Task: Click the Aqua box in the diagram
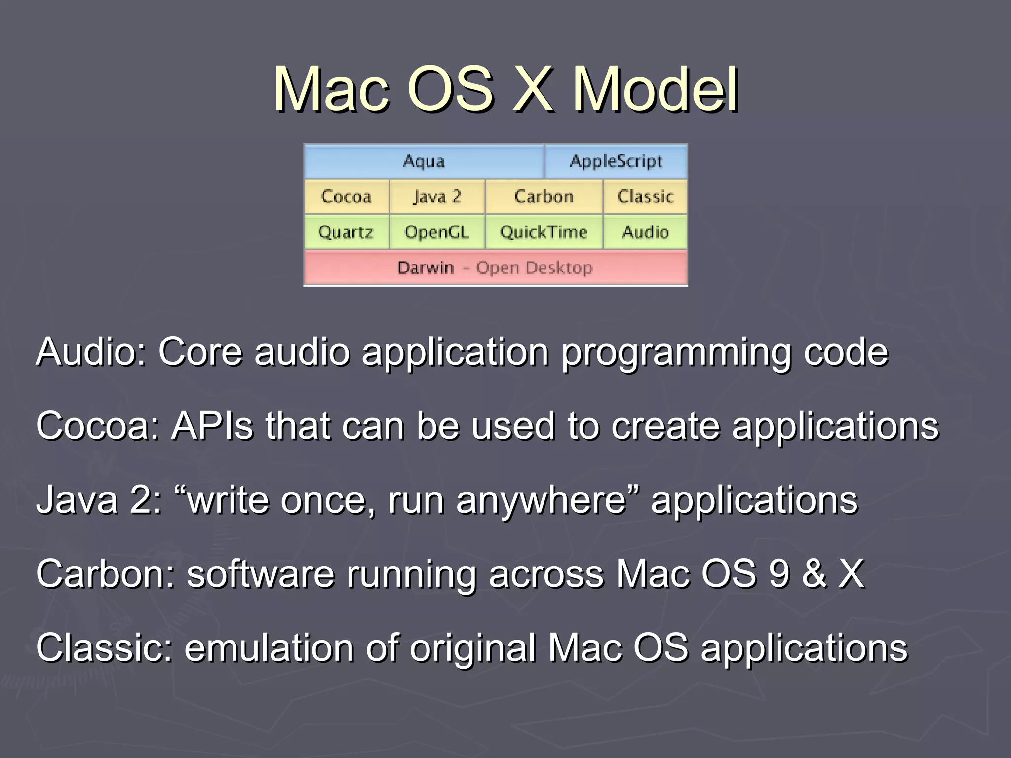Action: [424, 161]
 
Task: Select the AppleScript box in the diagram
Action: [616, 161]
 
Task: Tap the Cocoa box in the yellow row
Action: [346, 196]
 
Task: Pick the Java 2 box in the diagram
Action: [437, 196]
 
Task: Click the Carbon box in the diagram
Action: [544, 196]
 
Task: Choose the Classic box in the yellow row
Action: [645, 196]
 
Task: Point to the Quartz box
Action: [346, 232]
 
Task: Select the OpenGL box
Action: [437, 232]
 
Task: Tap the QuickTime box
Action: [544, 232]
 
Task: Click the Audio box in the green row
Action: [645, 232]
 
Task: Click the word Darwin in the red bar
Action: [426, 268]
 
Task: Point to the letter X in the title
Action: [532, 90]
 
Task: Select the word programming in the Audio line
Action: [676, 353]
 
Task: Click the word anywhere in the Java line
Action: [541, 500]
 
